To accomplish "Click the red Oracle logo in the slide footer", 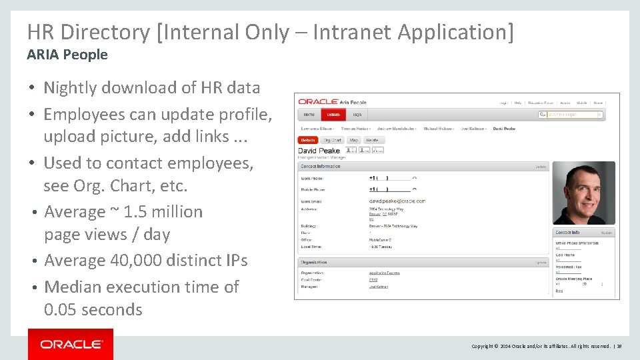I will pos(71,344).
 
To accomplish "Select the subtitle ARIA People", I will pos(67,55).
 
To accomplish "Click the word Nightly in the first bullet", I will pos(69,87).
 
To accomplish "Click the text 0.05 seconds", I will pos(93,310).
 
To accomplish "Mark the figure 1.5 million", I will pos(163,212).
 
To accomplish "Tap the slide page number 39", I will pos(619,346).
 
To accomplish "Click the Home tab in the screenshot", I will pos(309,115).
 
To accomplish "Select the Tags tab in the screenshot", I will pos(357,115).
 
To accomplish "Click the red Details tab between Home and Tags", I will pos(333,115).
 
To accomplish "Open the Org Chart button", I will pos(331,140).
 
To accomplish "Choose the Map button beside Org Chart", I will pos(354,140).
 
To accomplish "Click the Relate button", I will pos(373,140).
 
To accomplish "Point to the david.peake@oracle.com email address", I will pos(397,201).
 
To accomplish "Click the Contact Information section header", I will pos(321,166).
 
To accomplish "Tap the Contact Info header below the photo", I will pos(567,233).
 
